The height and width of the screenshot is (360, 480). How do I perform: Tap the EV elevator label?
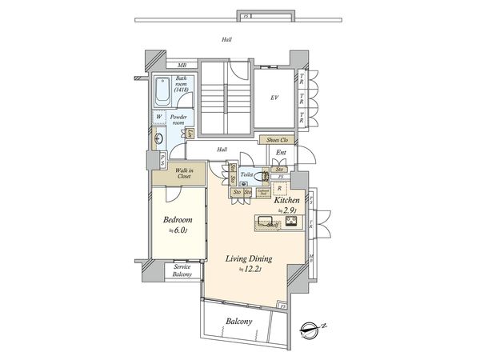point(274,98)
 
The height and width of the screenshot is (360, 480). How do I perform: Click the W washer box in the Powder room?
point(160,118)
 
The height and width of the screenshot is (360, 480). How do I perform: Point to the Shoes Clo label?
point(278,139)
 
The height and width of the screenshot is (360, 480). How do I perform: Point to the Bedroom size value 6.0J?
point(178,230)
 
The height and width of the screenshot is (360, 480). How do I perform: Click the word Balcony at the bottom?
point(238,321)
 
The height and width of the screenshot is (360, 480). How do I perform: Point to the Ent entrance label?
point(281,152)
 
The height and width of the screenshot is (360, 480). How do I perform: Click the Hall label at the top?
point(227,38)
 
